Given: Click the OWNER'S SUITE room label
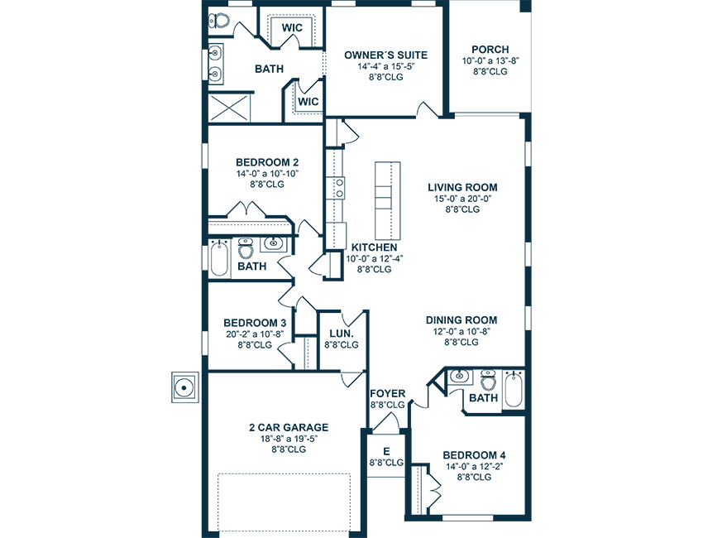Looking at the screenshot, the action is click(385, 55).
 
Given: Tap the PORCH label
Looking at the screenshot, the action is click(490, 50).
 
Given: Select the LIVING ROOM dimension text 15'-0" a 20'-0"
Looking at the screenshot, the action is click(462, 199).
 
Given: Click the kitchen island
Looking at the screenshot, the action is click(387, 200).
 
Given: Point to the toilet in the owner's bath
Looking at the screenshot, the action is click(218, 20).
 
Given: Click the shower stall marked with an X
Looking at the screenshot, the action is click(229, 108).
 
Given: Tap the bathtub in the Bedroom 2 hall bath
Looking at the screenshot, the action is click(219, 258).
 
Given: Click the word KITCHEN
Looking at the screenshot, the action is click(374, 247).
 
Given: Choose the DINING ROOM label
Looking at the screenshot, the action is click(461, 320).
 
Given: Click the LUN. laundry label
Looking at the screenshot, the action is click(342, 334).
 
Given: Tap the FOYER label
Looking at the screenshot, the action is click(387, 393).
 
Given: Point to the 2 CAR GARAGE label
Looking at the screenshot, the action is click(289, 427).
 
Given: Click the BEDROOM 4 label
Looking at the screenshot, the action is click(475, 455).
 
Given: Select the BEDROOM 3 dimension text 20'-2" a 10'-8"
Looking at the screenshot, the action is click(255, 334).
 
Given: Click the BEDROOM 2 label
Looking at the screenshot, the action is click(267, 162).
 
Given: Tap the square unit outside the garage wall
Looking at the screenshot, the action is click(184, 387).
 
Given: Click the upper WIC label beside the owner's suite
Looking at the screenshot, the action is click(292, 27).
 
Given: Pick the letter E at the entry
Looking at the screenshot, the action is click(386, 451).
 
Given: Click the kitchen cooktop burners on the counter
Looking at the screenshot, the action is click(340, 188).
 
